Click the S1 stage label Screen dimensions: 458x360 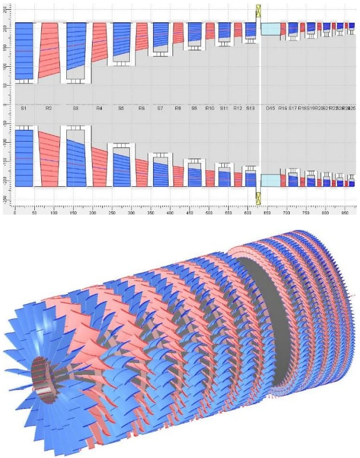(x=24, y=107)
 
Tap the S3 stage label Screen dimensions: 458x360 (x=75, y=107)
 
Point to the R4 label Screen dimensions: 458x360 (x=99, y=107)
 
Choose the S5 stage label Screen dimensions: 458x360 (x=121, y=107)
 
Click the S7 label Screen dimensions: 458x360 (x=160, y=107)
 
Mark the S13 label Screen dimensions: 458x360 (x=250, y=107)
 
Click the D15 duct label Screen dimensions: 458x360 (x=271, y=107)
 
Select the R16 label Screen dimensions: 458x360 (x=282, y=107)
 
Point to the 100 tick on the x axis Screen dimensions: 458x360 (x=54, y=212)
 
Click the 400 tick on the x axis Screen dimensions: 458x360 (x=170, y=212)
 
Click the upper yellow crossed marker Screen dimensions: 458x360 (x=259, y=10)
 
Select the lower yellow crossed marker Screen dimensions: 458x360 (x=259, y=198)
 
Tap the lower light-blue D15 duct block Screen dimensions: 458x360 (x=270, y=180)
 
